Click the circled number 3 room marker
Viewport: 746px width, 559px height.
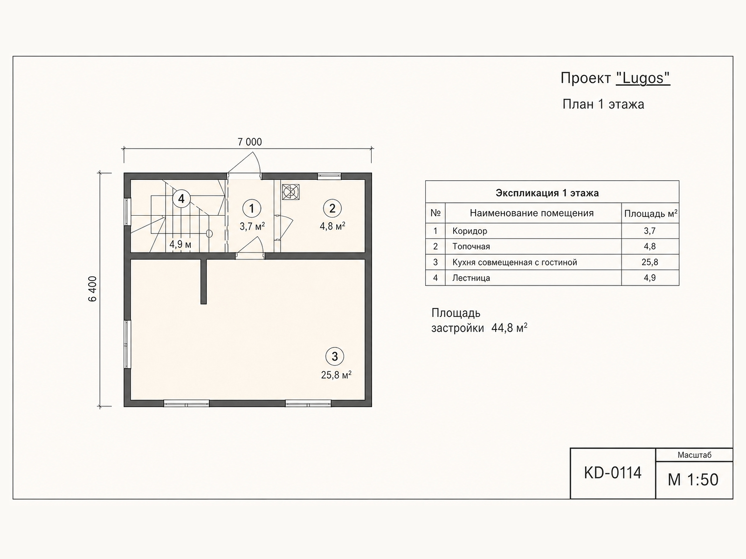(334, 356)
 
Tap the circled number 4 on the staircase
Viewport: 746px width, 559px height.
(181, 198)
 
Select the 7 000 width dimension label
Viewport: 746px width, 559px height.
(250, 142)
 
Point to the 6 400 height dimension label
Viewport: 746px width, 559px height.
(92, 289)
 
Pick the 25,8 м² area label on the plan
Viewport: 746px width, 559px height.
(336, 375)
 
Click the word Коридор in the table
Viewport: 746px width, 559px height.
(470, 231)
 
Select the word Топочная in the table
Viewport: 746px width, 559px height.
(471, 246)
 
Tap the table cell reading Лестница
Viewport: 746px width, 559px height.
(471, 278)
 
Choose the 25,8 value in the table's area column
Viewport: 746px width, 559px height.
(649, 262)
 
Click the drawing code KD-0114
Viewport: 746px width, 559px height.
(613, 473)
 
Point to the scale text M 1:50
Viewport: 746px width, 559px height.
(693, 480)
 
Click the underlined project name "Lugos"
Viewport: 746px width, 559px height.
(643, 78)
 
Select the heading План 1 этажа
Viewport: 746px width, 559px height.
(603, 104)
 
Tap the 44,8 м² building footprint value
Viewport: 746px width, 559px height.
(509, 328)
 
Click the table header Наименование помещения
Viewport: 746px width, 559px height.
(532, 213)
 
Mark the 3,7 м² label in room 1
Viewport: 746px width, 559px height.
(252, 226)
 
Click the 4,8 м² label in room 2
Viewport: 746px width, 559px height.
(332, 226)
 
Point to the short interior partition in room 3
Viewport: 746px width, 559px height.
(203, 281)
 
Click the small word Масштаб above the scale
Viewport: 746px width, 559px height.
(694, 455)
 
